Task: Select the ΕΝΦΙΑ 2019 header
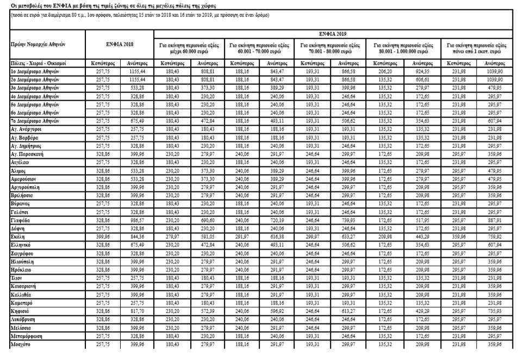[332, 33]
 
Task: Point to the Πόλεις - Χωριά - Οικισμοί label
[32, 64]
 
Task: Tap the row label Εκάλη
[18, 238]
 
